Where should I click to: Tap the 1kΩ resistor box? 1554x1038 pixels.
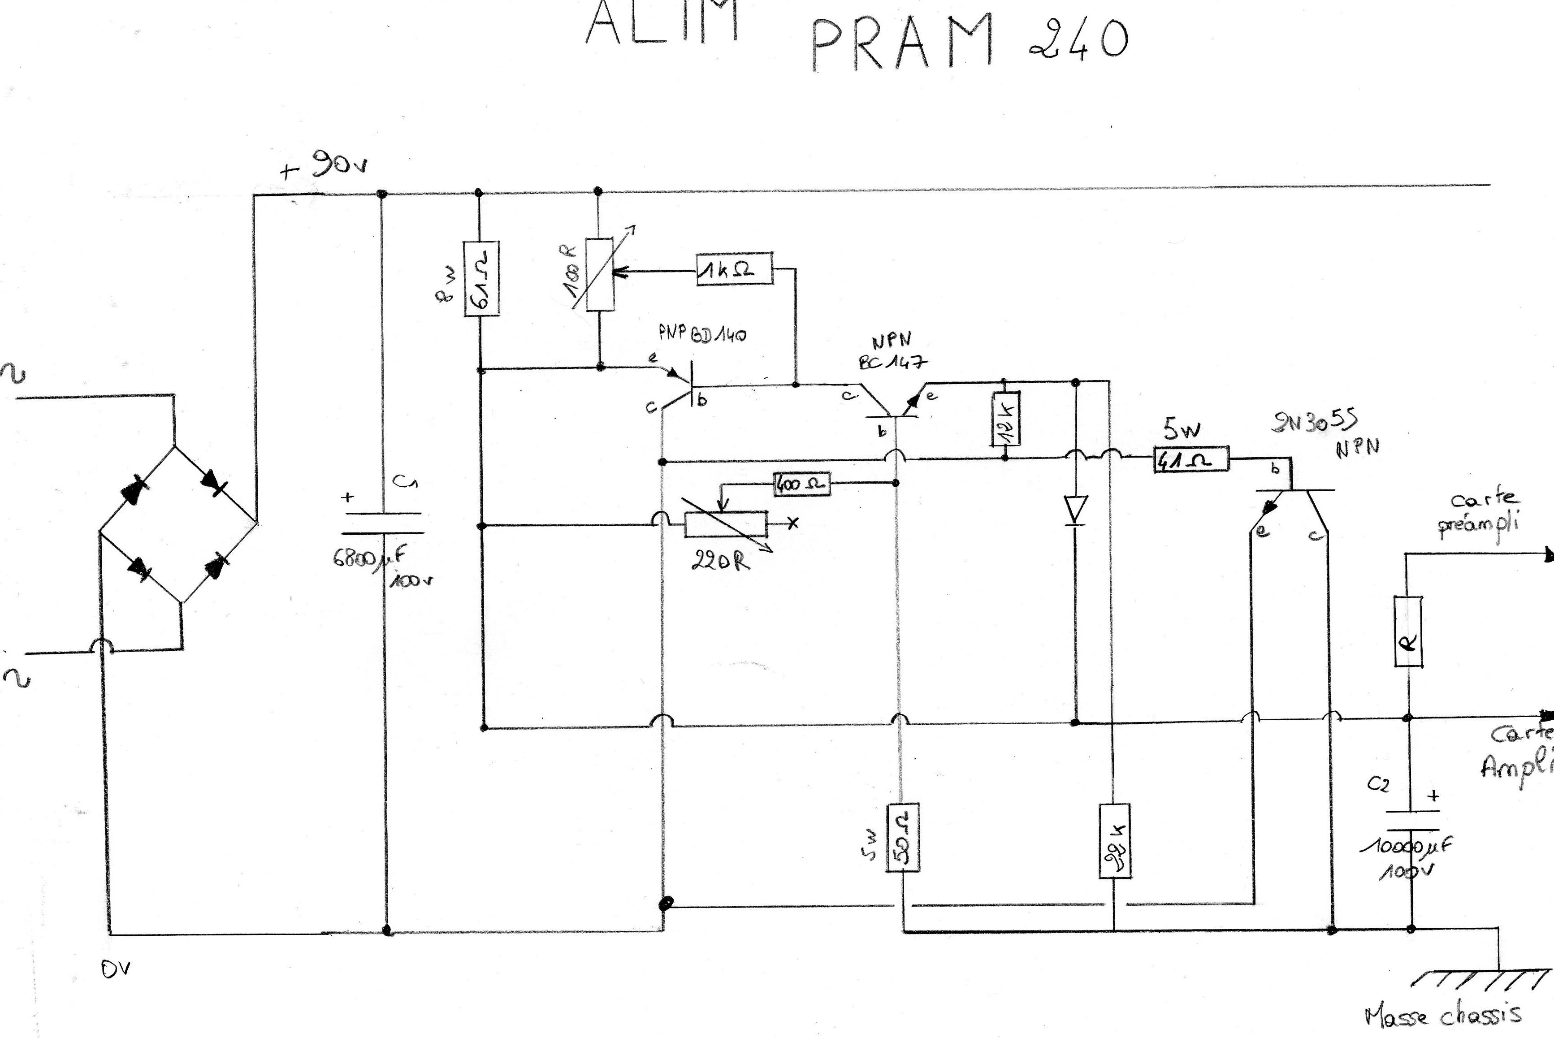735,269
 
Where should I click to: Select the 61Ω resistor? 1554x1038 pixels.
481,278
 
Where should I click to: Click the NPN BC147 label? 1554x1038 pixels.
892,351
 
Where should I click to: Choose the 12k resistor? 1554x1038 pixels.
1005,419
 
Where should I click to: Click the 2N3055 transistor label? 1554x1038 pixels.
1314,421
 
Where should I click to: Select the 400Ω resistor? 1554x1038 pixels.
801,484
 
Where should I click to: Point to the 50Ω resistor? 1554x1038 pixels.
903,837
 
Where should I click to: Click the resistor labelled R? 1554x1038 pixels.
1408,631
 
